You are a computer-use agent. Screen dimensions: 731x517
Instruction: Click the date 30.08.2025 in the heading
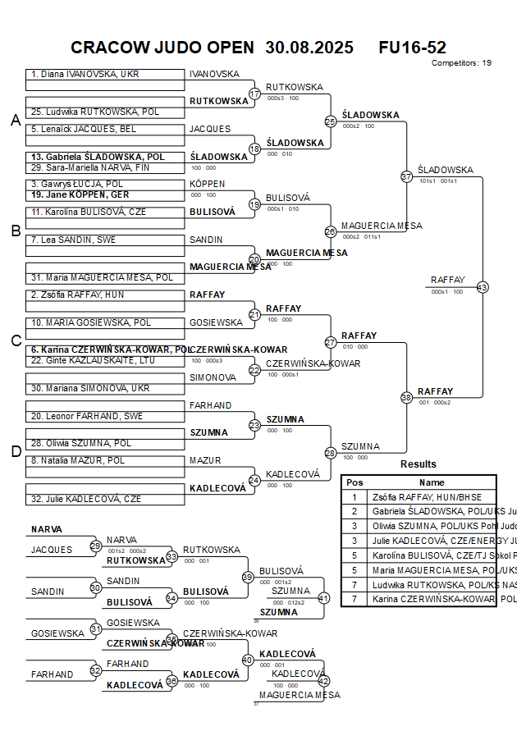coord(309,48)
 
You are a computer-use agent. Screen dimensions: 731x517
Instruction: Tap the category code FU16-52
coord(413,48)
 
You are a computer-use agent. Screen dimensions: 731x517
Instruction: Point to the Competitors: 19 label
coord(462,62)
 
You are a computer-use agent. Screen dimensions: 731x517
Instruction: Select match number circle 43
coord(483,287)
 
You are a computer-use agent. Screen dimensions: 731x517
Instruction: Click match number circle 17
coord(254,94)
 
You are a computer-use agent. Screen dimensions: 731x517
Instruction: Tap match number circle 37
coord(406,176)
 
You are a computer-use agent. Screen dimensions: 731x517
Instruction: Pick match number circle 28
coord(331,453)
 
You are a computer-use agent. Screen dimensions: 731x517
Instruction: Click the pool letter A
coord(15,121)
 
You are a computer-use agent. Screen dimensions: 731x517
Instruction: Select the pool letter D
coord(15,451)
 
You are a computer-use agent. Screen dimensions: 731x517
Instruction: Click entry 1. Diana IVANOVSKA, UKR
coord(85,75)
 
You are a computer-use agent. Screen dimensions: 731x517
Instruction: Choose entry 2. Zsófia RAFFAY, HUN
coord(78,295)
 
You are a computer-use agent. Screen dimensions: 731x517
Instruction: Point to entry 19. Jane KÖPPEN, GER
coord(80,195)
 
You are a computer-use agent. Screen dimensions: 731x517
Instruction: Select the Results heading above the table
coord(419,464)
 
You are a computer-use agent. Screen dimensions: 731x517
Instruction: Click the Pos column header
coord(355,483)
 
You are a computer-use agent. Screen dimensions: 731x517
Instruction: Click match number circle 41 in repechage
coord(323,598)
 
